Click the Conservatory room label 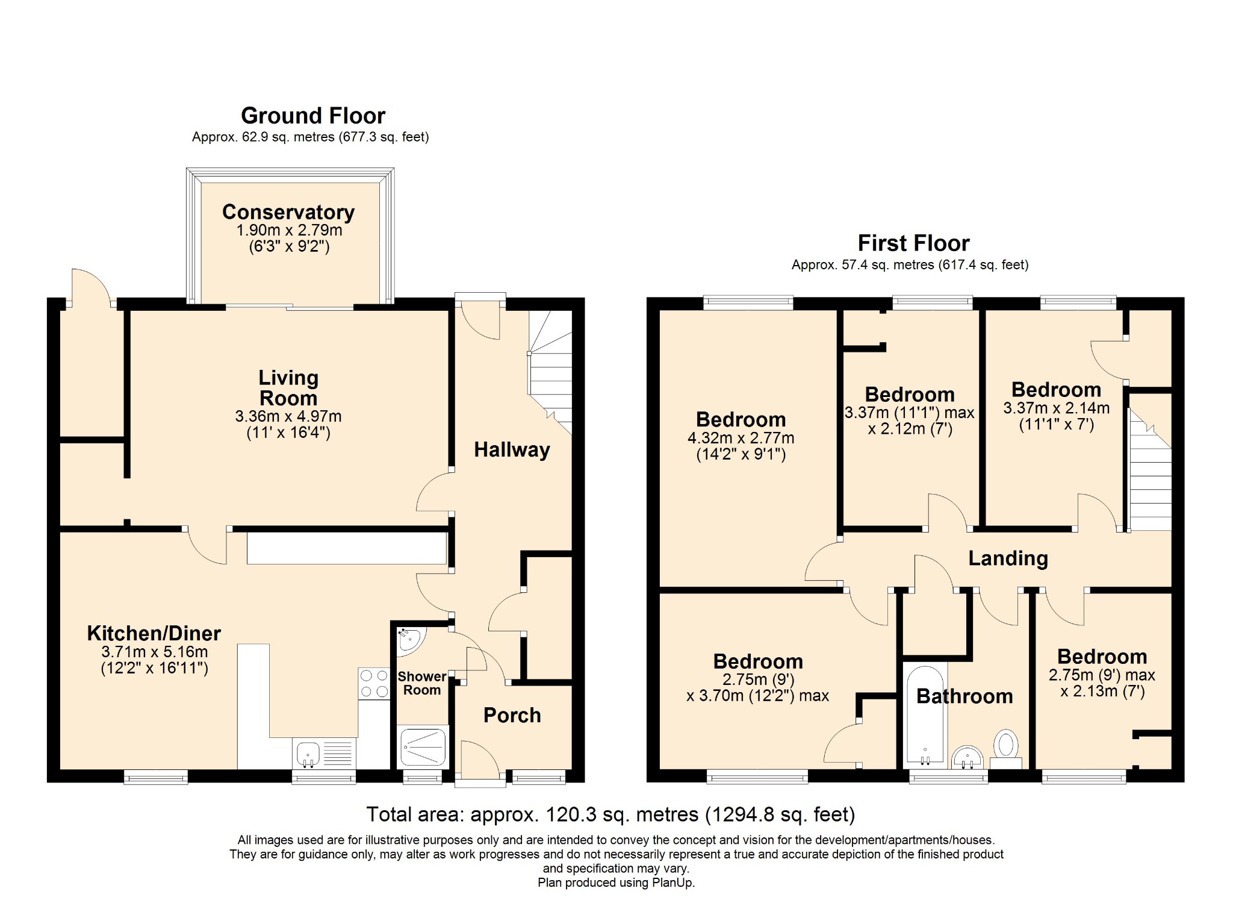click(x=288, y=212)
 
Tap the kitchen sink click(x=324, y=754)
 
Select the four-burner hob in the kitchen click(x=374, y=683)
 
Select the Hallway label click(x=512, y=450)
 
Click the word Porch click(x=512, y=715)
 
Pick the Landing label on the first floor click(x=1008, y=558)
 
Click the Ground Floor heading click(x=313, y=115)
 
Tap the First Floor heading click(x=913, y=243)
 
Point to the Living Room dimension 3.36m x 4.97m click(x=288, y=416)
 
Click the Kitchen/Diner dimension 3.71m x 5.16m click(x=155, y=652)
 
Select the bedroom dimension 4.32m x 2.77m click(x=741, y=438)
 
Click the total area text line click(x=610, y=814)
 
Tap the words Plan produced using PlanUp click(x=616, y=883)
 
